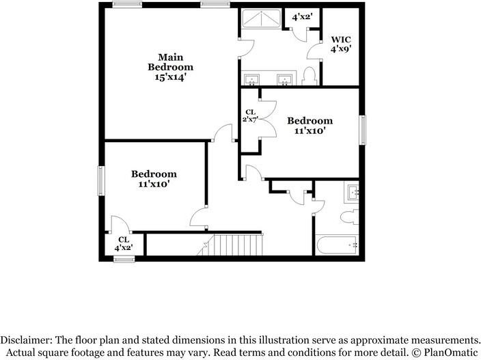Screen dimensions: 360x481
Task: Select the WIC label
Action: [x=341, y=39]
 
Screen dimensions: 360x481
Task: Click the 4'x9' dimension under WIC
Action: [x=341, y=49]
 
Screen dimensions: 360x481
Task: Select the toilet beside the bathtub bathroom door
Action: [x=348, y=218]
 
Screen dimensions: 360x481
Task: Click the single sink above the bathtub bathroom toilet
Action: [x=354, y=191]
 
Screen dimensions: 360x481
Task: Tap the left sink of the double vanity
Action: [x=252, y=81]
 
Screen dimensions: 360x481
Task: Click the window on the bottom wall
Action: [x=124, y=258]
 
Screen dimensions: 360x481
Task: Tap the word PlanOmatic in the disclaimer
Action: [x=448, y=353]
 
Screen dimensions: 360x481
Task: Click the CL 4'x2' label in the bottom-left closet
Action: [x=124, y=243]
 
